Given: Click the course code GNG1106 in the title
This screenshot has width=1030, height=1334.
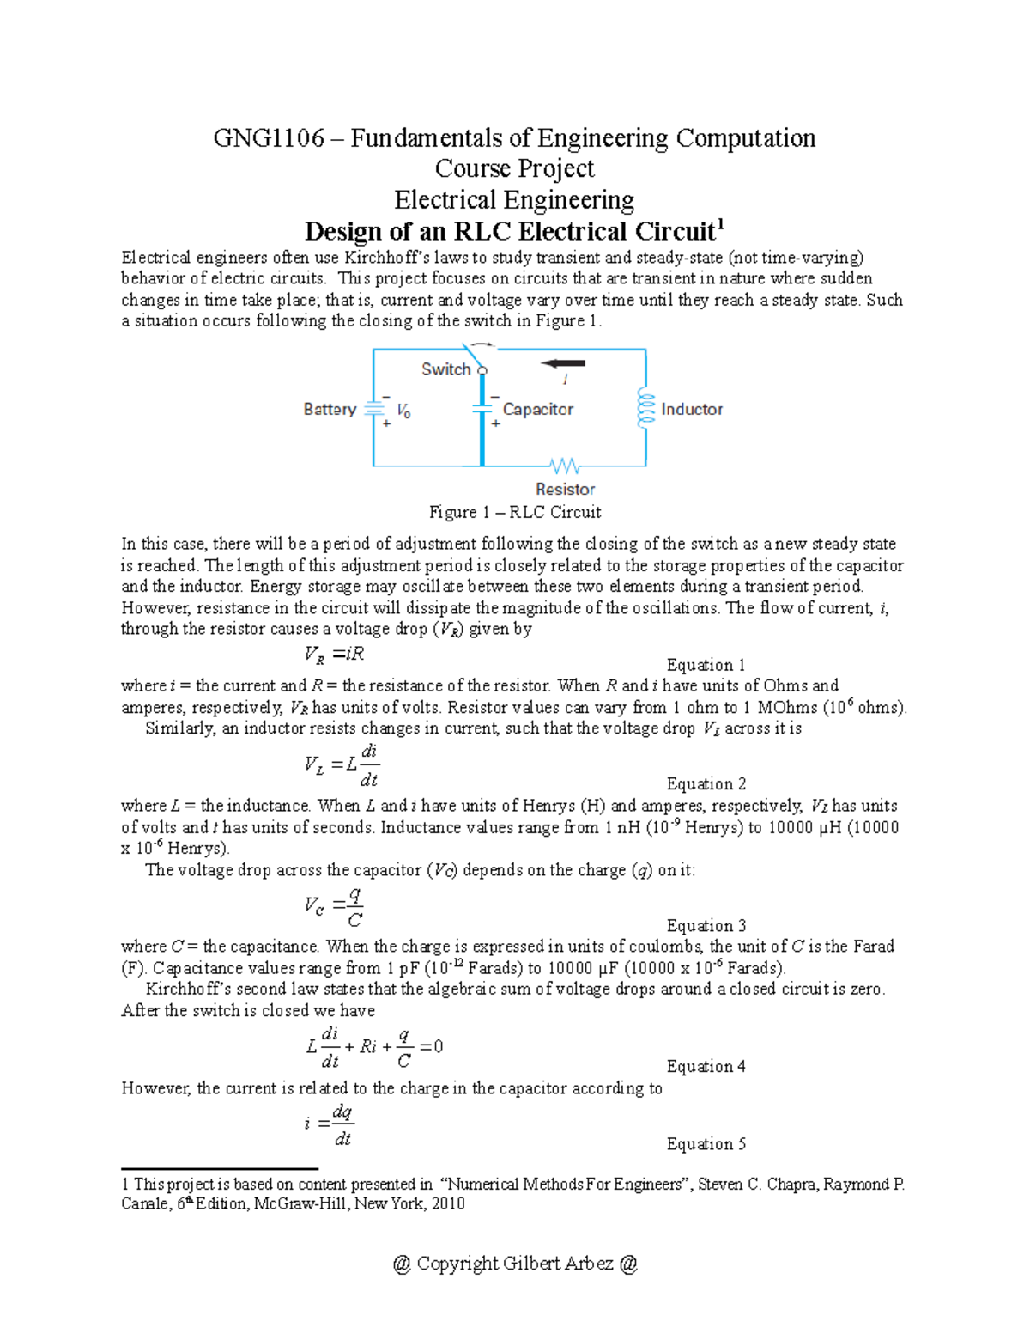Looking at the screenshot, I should (x=269, y=138).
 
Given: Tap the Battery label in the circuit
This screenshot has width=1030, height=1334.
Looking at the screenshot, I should (x=330, y=409).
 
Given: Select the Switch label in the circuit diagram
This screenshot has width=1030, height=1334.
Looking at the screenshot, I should (x=445, y=369).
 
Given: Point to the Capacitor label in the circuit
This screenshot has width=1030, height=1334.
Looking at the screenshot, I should (x=538, y=409).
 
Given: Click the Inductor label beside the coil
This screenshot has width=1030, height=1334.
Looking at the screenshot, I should (x=692, y=409).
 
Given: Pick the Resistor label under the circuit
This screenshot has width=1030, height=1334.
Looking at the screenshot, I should (x=565, y=489).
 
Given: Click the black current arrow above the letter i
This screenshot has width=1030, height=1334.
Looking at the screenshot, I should (x=563, y=362).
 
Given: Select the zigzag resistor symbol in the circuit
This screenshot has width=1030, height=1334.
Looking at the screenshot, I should (x=565, y=466).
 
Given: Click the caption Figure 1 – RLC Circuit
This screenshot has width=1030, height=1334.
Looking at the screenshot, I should (x=515, y=512).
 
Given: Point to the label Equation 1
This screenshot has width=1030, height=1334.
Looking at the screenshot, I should (x=706, y=665).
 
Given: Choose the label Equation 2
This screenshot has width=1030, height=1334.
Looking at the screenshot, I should (x=706, y=783).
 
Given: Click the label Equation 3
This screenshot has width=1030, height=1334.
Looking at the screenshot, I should (x=706, y=925).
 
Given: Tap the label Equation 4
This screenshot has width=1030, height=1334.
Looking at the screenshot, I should (x=706, y=1066).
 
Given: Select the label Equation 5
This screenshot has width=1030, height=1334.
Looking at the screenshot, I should (x=706, y=1143).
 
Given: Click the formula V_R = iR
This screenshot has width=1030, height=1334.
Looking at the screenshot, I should (x=335, y=654).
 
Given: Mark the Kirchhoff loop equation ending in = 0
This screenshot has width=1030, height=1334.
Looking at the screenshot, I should (x=375, y=1046).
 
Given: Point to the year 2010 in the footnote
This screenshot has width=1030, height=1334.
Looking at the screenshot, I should (x=448, y=1203).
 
